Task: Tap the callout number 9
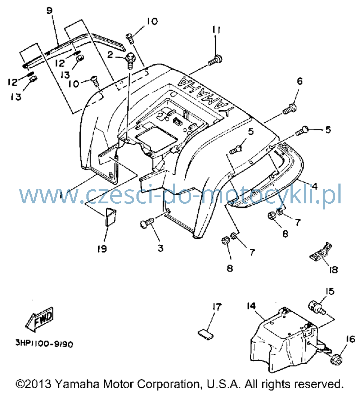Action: pyautogui.click(x=50, y=10)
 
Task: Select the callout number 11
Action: pyautogui.click(x=216, y=30)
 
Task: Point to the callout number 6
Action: pyautogui.click(x=300, y=81)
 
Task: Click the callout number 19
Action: pyautogui.click(x=102, y=249)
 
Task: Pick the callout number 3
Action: pyautogui.click(x=161, y=248)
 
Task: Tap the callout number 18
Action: pyautogui.click(x=333, y=270)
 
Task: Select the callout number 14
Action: pyautogui.click(x=251, y=306)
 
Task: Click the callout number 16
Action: pyautogui.click(x=350, y=339)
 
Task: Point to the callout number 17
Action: pyautogui.click(x=217, y=307)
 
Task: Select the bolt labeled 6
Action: pyautogui.click(x=290, y=109)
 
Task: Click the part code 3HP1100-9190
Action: pyautogui.click(x=44, y=343)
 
